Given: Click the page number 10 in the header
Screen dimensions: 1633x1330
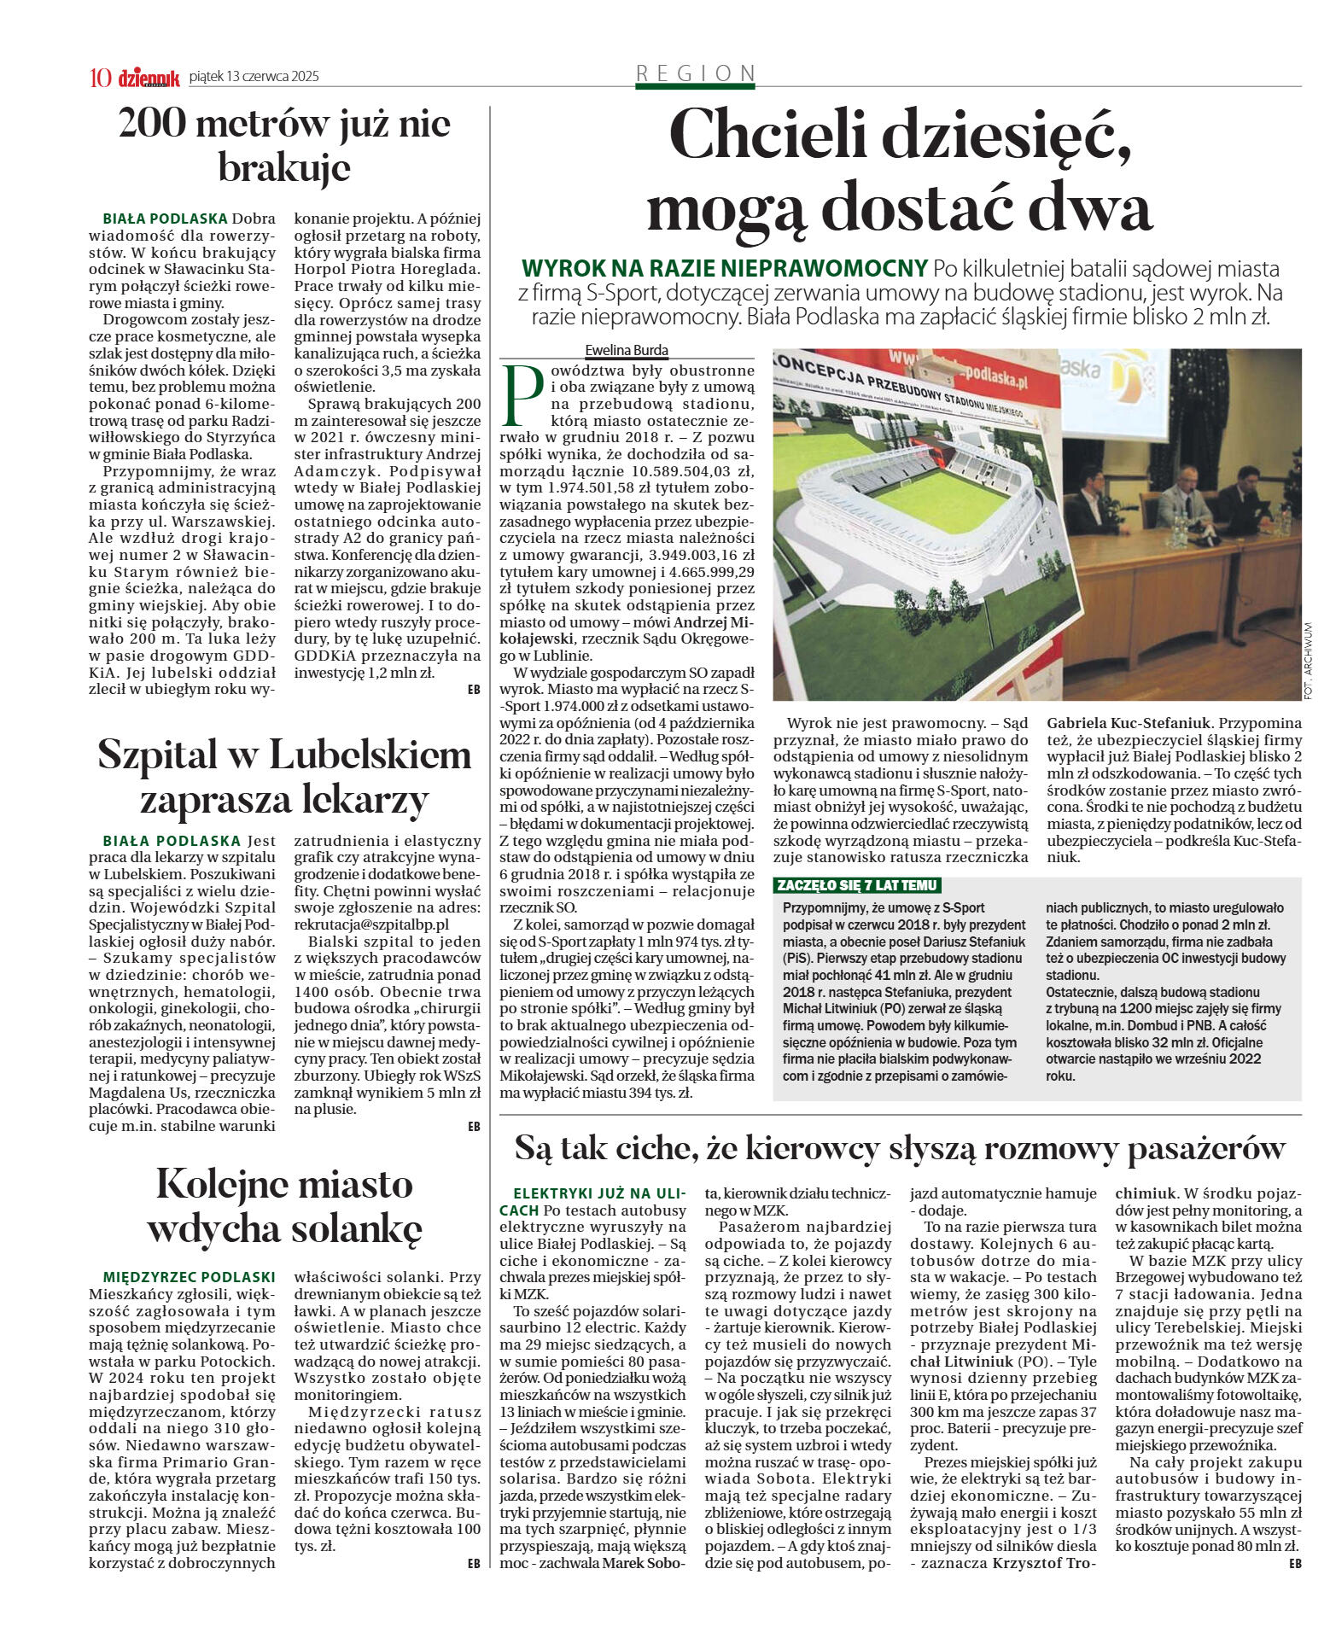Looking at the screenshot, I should coord(100,78).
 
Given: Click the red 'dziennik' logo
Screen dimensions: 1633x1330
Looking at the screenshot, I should coord(149,78).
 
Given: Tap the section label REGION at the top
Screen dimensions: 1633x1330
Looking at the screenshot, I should coord(696,73).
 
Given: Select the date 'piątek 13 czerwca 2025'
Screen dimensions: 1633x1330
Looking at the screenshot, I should coord(254,77).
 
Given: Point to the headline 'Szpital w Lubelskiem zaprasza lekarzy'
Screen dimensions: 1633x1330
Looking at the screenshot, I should coord(284,776).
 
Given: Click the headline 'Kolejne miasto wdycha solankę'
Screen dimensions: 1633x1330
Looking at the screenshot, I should coord(284,1205).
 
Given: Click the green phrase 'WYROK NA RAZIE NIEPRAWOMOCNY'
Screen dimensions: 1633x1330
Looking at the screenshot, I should coord(724,269).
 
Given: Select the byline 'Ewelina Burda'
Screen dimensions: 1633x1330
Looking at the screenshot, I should coord(627,350).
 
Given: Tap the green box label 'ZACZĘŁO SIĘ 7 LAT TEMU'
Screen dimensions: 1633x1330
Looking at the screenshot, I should coord(856,885).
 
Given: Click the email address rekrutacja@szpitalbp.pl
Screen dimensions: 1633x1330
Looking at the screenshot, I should coord(371,924).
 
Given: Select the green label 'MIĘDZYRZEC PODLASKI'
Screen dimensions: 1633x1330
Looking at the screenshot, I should coord(189,1277).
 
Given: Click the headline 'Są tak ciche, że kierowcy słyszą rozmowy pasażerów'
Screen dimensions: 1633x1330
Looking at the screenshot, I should coord(899,1149).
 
